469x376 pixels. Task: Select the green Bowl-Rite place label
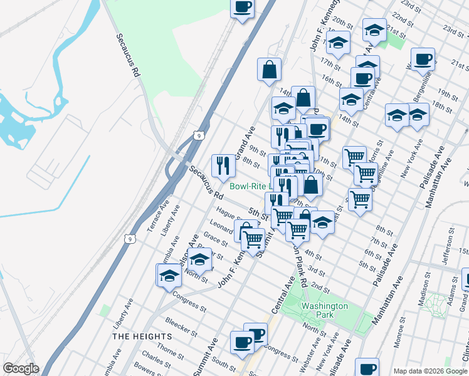pyautogui.click(x=250, y=186)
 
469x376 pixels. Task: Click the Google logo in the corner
pyautogui.click(x=21, y=368)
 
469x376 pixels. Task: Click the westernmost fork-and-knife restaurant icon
pyautogui.click(x=223, y=165)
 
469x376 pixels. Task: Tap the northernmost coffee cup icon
pyautogui.click(x=243, y=8)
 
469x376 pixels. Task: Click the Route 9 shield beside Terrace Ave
pyautogui.click(x=129, y=239)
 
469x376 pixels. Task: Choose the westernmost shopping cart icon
pyautogui.click(x=253, y=238)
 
